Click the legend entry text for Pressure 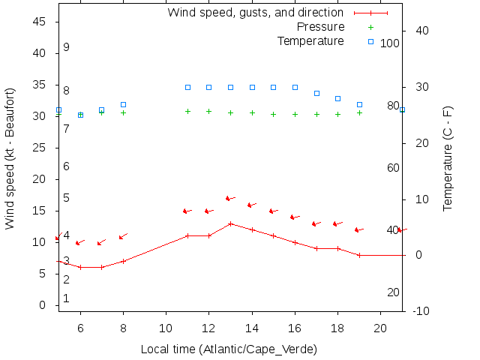(x=320, y=27)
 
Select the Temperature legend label (x=310, y=40)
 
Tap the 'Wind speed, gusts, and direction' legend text (x=255, y=13)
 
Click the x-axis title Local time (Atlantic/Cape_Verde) (x=229, y=349)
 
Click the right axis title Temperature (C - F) (x=448, y=158)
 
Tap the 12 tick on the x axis (x=209, y=328)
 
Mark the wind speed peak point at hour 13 (x=230, y=223)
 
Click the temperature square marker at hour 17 (x=316, y=93)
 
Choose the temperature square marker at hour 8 (x=123, y=104)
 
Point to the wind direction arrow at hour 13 (x=230, y=199)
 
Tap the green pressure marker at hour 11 (x=187, y=111)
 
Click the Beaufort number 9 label (x=67, y=47)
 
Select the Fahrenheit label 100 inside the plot (x=389, y=43)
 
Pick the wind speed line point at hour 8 (x=123, y=261)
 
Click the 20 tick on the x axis (x=381, y=328)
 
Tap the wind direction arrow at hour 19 (x=358, y=229)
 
